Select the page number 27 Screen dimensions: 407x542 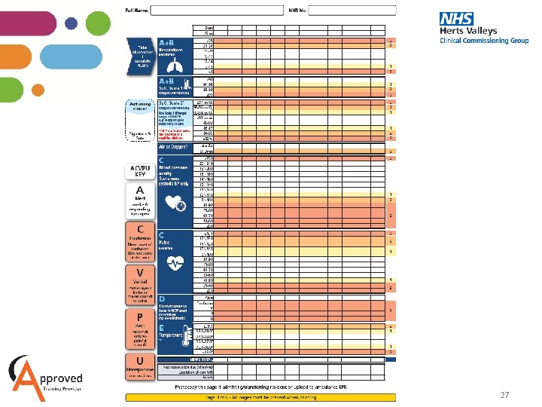(505, 395)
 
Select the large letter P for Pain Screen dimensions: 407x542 (140, 317)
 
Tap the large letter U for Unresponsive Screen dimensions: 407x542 (140, 361)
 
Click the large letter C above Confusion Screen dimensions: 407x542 (140, 228)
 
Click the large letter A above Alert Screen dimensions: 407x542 (140, 190)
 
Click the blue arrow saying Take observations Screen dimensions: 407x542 (139, 55)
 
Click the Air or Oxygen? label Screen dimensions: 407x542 (171, 148)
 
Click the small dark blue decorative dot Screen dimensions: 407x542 (72, 23)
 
